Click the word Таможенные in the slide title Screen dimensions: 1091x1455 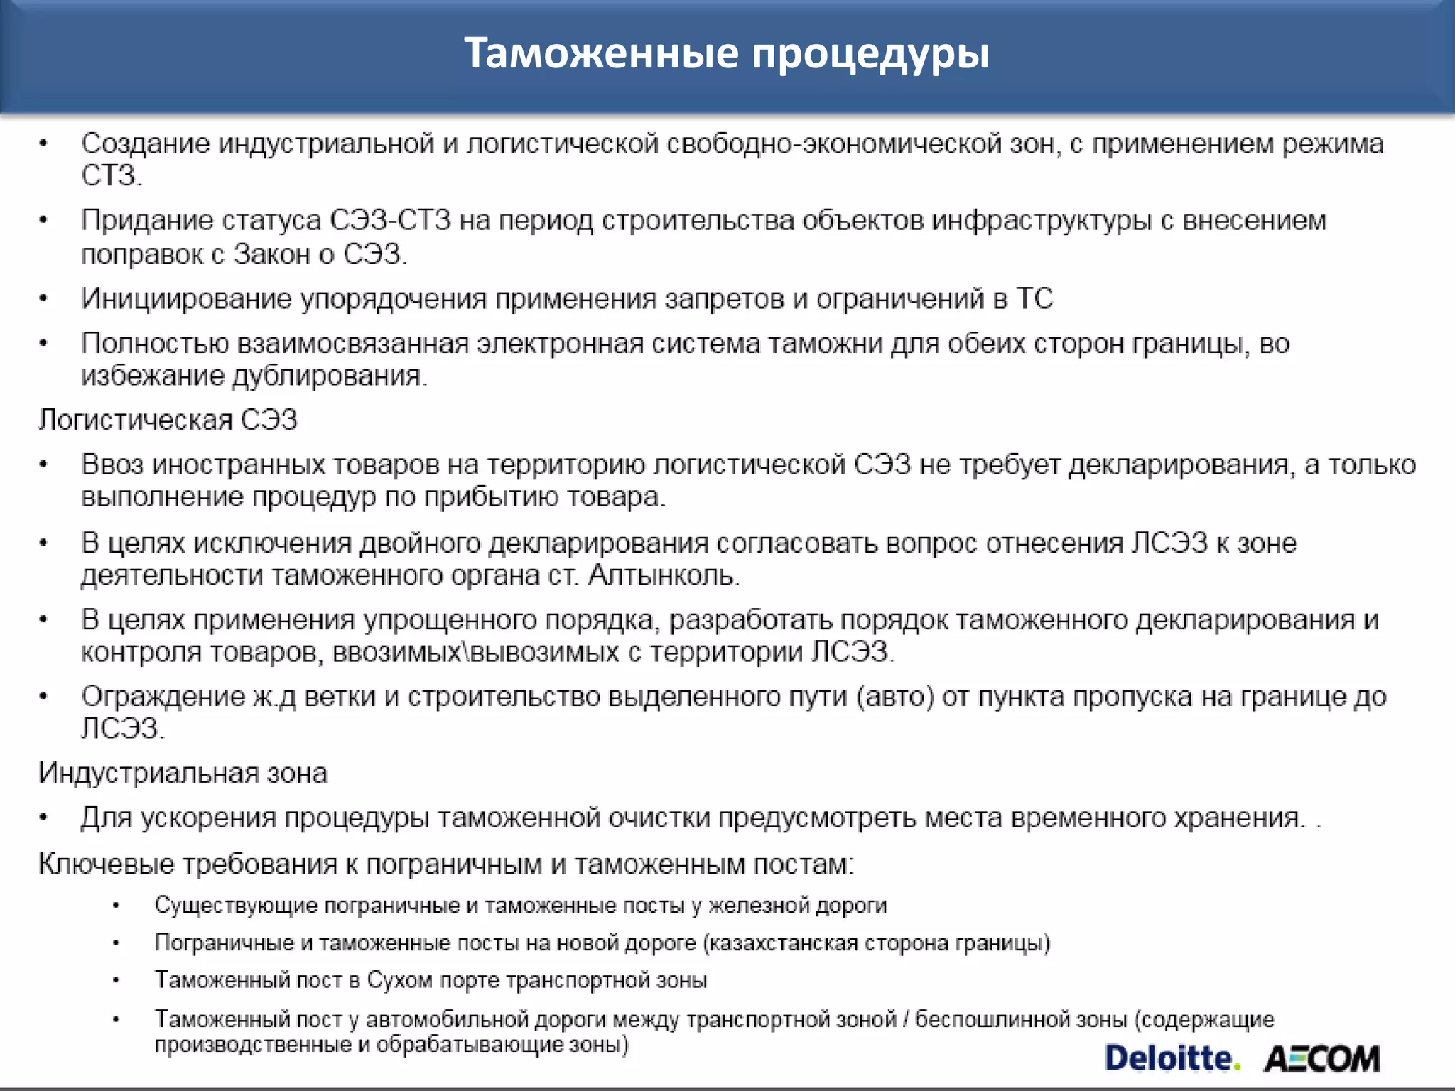(x=601, y=53)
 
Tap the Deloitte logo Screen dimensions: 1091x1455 (x=1172, y=1058)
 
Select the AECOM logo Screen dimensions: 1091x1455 (x=1321, y=1059)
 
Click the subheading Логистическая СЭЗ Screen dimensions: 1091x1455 (x=168, y=420)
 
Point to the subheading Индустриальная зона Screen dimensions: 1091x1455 (x=183, y=773)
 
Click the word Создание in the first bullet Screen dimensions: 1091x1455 (x=146, y=144)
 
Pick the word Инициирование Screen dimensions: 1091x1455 (x=186, y=299)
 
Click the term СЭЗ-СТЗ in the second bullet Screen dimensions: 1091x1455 (x=390, y=221)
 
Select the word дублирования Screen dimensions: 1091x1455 (x=330, y=376)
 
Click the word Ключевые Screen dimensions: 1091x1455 (x=107, y=864)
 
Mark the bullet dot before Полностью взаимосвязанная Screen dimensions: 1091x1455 (x=43, y=344)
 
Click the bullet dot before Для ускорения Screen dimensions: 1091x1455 (x=43, y=818)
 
